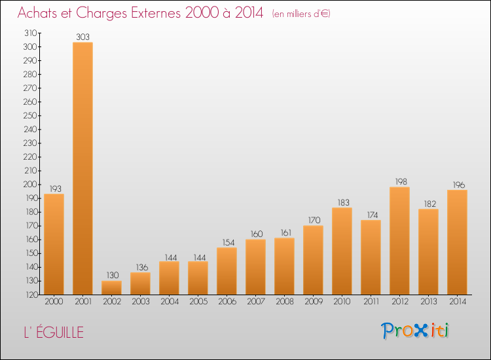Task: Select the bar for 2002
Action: point(111,288)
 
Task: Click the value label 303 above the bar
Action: point(82,37)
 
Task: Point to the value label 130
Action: point(111,276)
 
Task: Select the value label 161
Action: point(284,232)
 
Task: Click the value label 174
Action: point(371,215)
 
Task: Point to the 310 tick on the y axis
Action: point(29,33)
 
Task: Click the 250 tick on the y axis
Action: point(29,115)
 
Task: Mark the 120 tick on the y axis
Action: point(29,295)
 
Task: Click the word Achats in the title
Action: point(40,13)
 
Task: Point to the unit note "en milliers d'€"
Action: point(301,14)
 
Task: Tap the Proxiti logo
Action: point(416,331)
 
